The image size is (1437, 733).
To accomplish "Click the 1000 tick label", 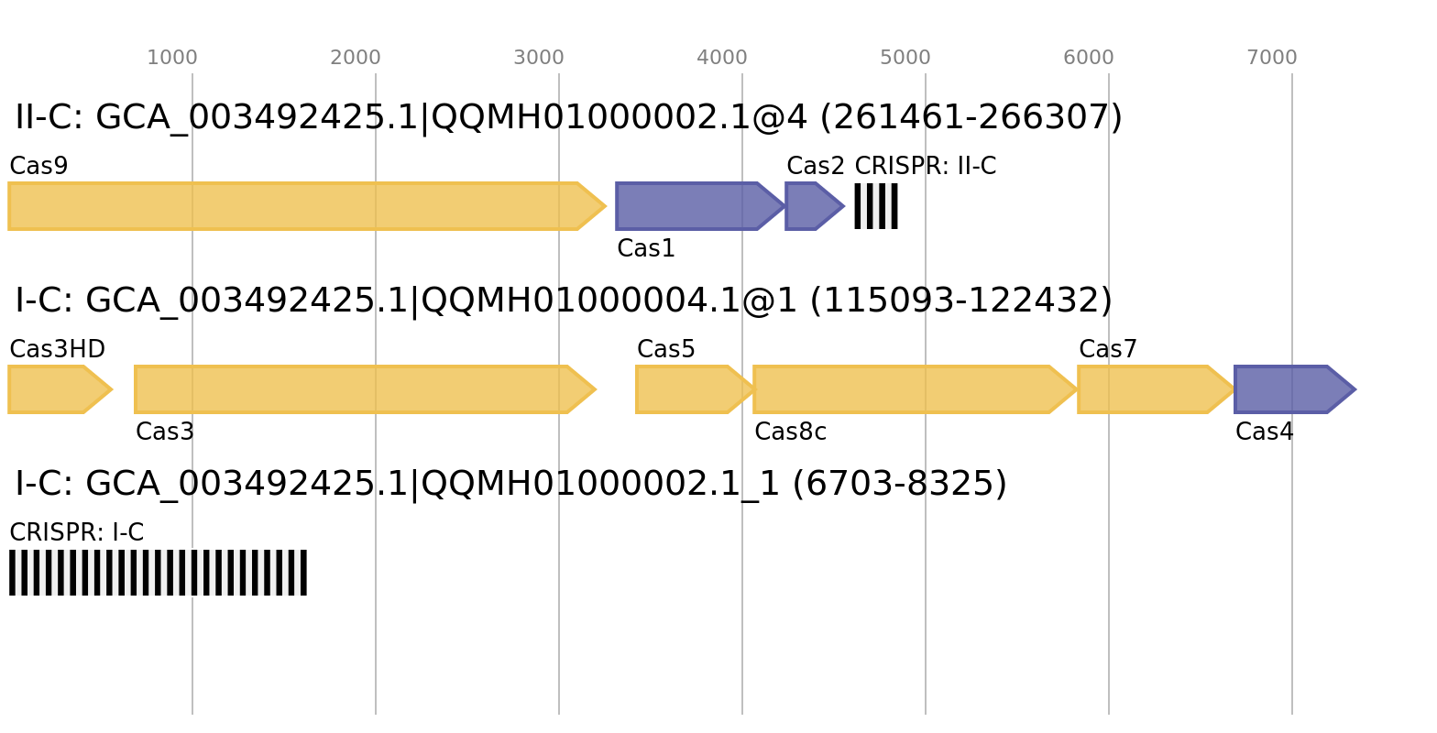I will pyautogui.click(x=172, y=58).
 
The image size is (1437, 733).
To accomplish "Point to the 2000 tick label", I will pyautogui.click(x=356, y=58).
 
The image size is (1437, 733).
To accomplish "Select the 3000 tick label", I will pyautogui.click(x=539, y=58).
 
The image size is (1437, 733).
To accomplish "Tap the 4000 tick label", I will pyautogui.click(x=722, y=58).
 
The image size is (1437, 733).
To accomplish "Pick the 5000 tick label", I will pyautogui.click(x=905, y=58).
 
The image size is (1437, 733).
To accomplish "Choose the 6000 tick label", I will pyautogui.click(x=1089, y=58).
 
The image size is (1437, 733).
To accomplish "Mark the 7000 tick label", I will pyautogui.click(x=1272, y=58).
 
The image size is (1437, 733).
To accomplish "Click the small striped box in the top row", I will pyautogui.click(x=876, y=206).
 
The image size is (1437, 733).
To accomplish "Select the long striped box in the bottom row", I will pyautogui.click(x=158, y=573).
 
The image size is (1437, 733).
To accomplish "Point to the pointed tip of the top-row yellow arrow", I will pyautogui.click(x=604, y=206).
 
